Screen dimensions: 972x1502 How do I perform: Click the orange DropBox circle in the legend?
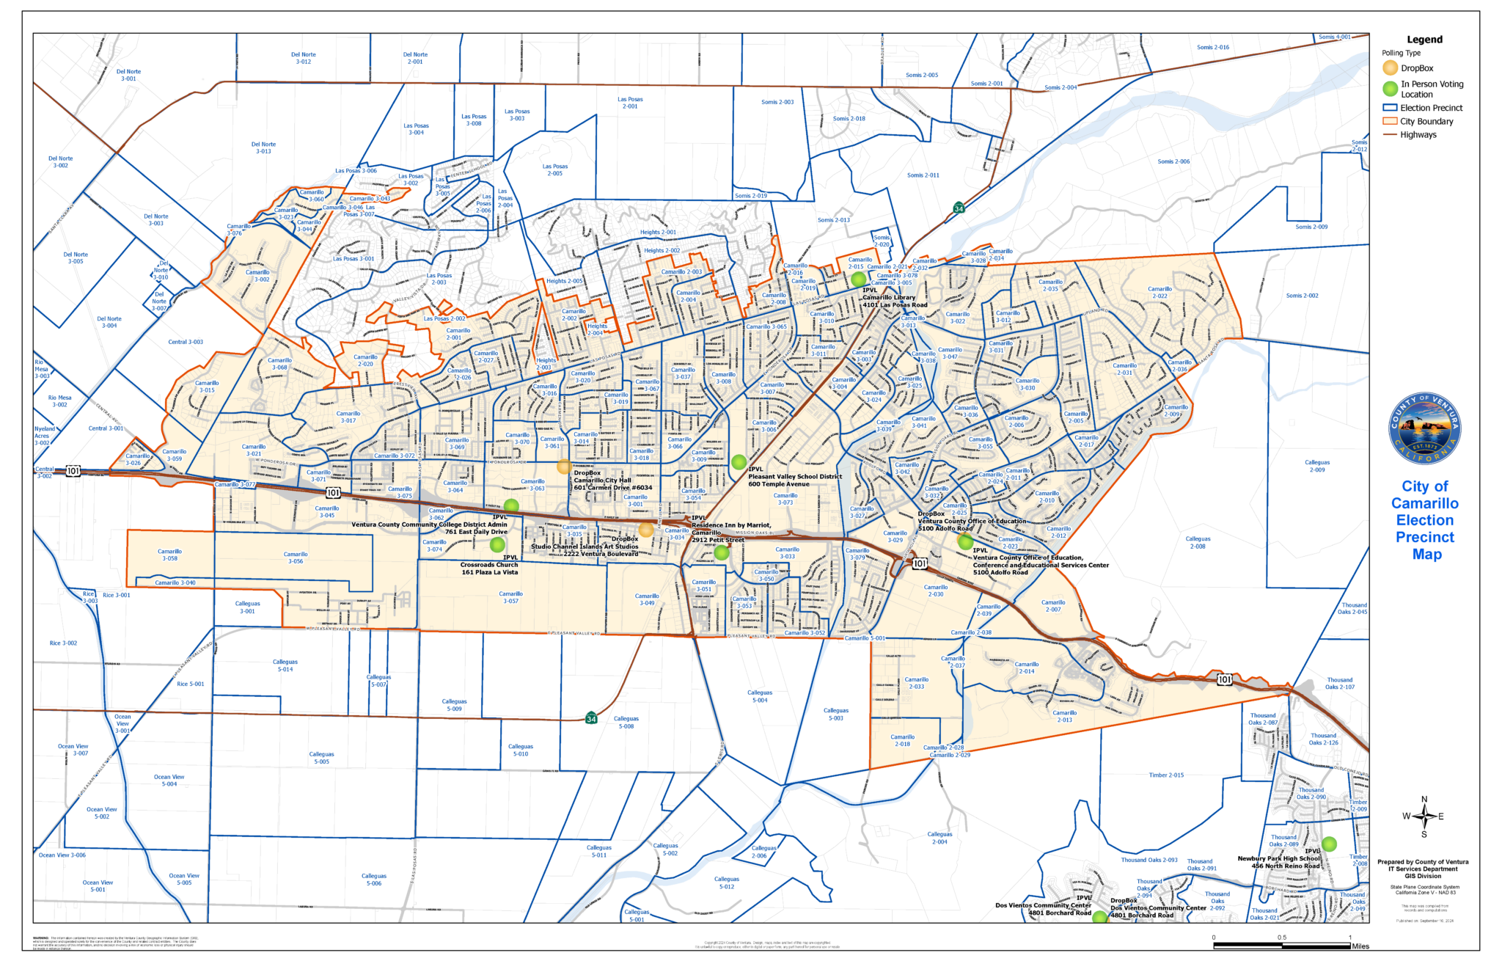coord(1390,68)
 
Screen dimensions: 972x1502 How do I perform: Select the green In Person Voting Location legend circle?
coord(1390,89)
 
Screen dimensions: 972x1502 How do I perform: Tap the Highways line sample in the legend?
coord(1390,135)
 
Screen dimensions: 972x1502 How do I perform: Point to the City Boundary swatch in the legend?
coord(1390,121)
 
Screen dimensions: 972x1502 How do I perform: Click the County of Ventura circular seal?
coord(1424,428)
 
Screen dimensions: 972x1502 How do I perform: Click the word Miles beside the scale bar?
coord(1360,946)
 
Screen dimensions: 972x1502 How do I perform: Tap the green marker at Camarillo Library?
coord(858,279)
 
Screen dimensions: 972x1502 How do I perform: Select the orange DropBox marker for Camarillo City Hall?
coord(563,467)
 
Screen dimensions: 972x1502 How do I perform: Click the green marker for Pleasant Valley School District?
coord(739,462)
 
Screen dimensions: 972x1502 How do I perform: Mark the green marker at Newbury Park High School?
coord(1329,844)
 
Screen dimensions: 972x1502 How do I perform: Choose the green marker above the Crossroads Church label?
coord(497,544)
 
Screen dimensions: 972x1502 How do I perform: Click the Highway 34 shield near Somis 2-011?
coord(959,208)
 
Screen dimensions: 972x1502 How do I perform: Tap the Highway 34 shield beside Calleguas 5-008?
coord(591,718)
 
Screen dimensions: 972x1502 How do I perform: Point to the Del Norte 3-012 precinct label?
coord(303,58)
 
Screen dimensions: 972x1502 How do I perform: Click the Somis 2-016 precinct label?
coord(1213,48)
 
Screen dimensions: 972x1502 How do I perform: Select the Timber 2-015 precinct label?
coord(1166,775)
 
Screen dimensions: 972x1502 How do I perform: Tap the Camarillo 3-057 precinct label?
coord(510,597)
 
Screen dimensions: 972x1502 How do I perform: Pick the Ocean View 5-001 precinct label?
coord(98,886)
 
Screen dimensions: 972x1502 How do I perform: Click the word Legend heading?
coord(1424,40)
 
